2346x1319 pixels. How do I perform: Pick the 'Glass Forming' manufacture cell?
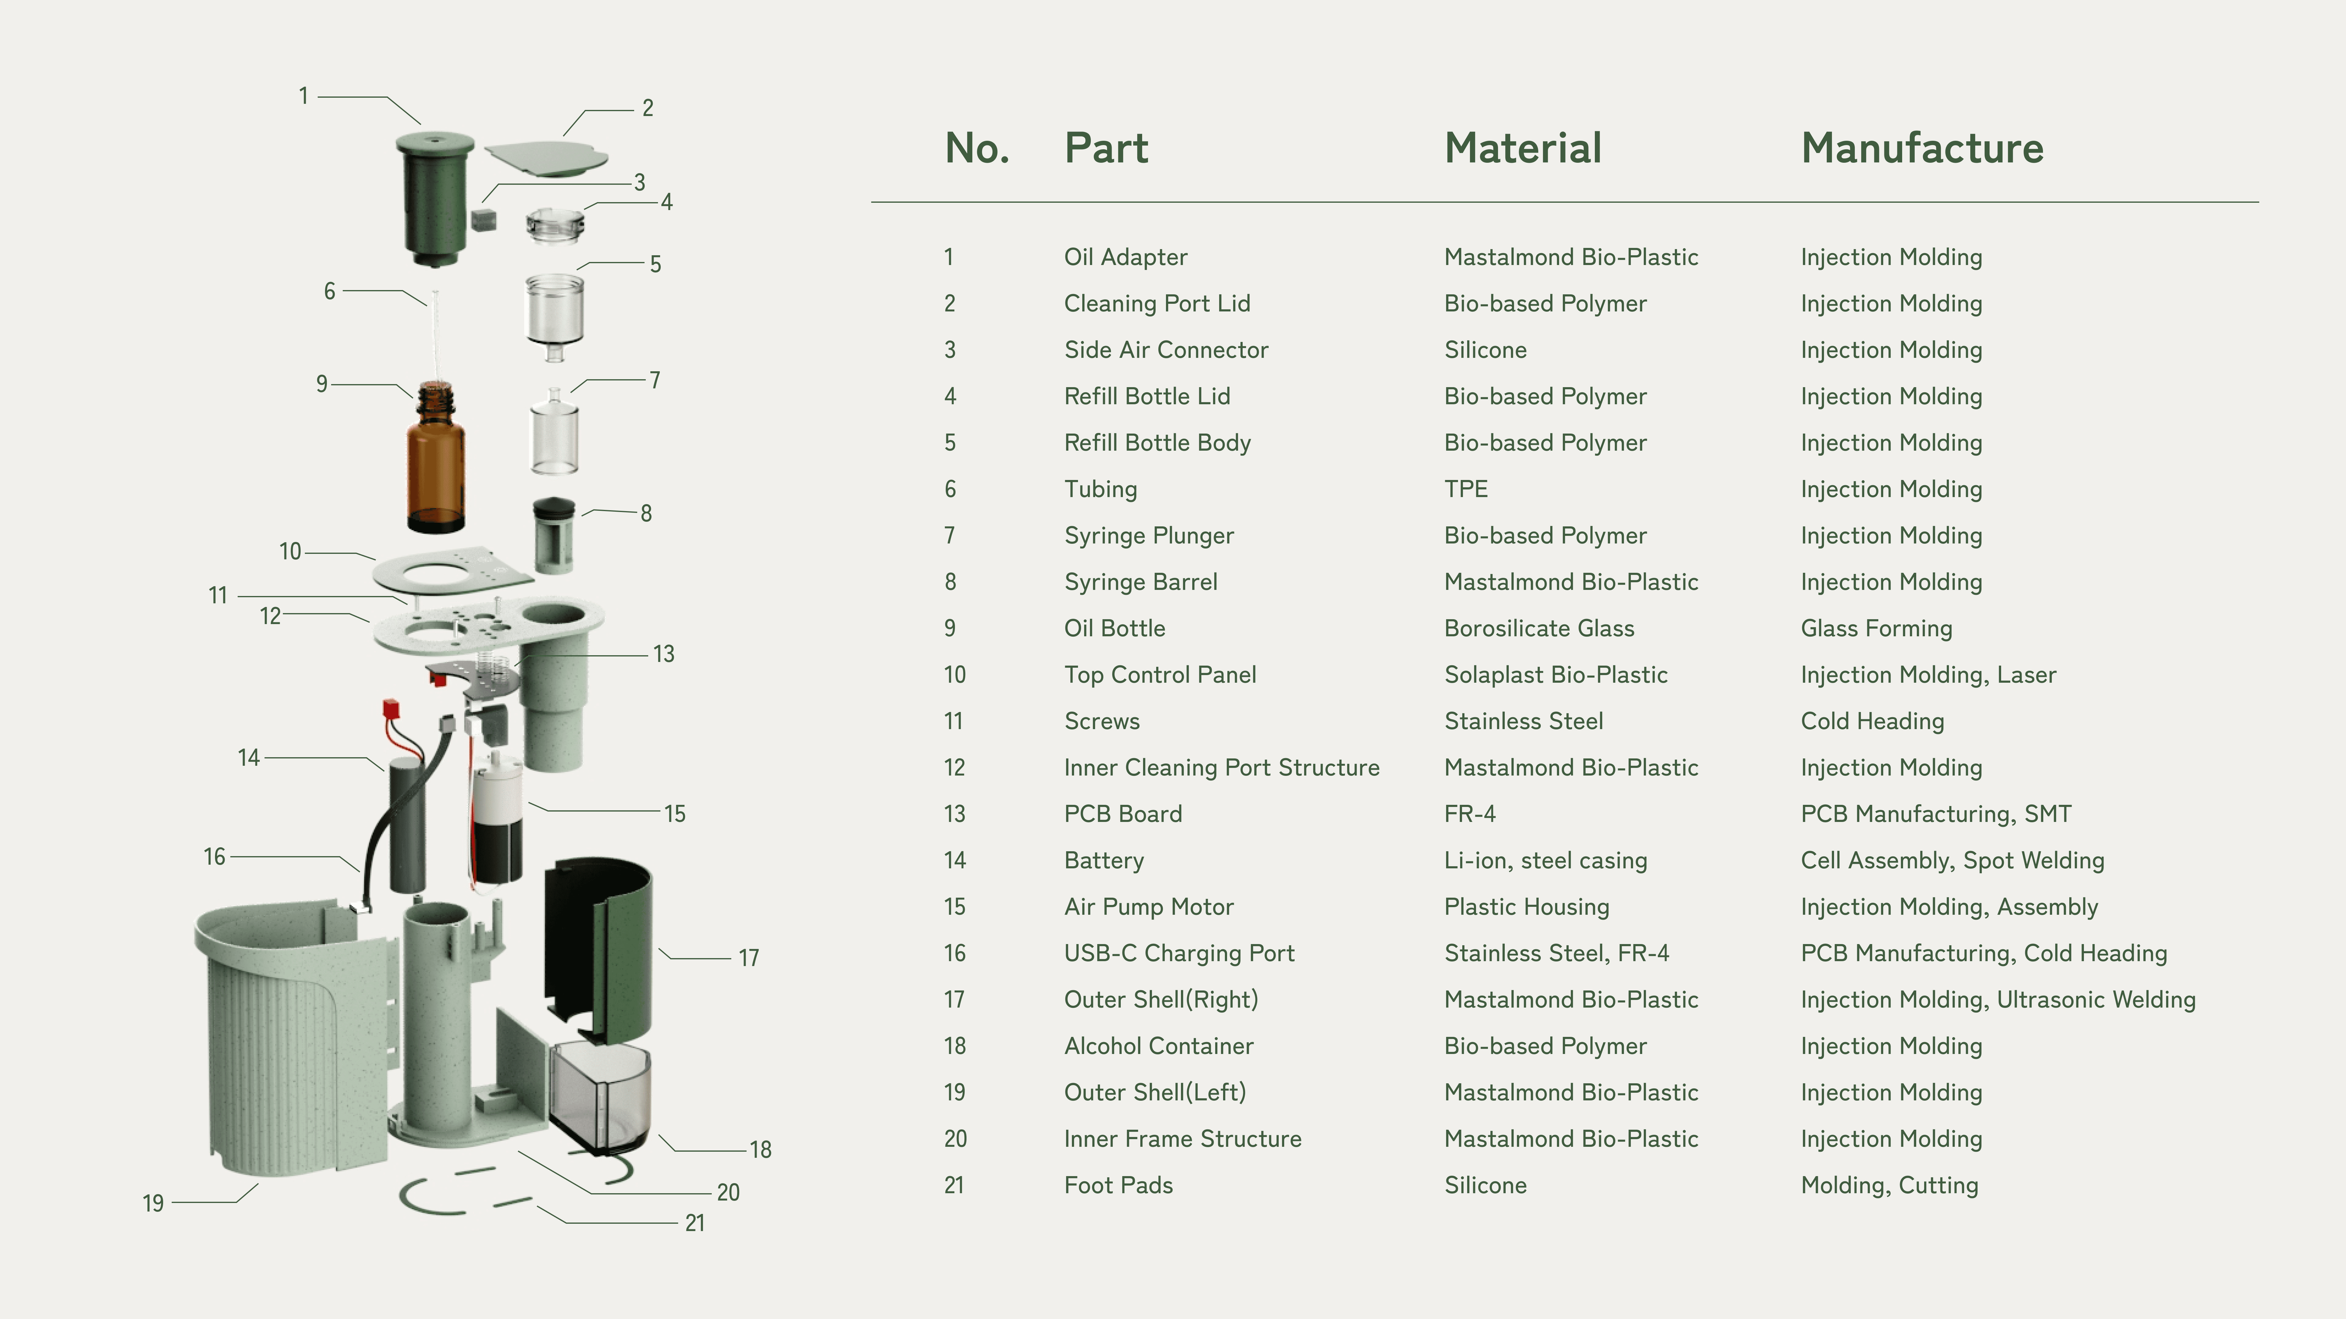point(1876,628)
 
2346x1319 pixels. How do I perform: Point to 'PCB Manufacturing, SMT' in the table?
point(1935,814)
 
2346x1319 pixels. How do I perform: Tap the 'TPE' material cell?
point(1465,489)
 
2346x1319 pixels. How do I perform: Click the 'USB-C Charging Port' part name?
point(1178,953)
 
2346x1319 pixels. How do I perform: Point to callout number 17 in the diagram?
point(749,957)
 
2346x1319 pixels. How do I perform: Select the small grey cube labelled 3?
point(484,220)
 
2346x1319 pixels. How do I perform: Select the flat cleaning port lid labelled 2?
point(546,157)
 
